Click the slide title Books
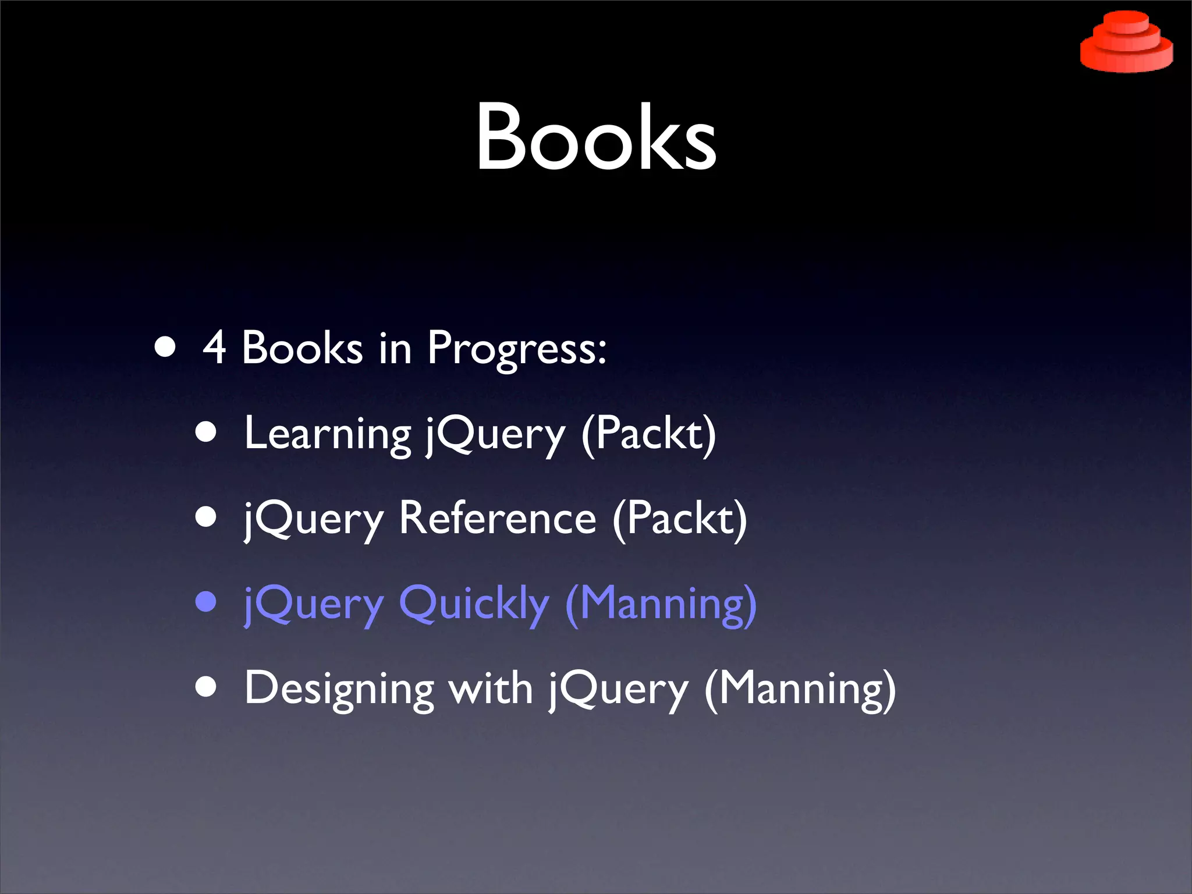(596, 137)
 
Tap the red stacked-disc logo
(1126, 42)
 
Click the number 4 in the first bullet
(214, 347)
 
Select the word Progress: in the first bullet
(517, 349)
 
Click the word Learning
(328, 434)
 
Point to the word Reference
(498, 518)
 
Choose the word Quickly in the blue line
(474, 604)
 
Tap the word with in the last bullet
(490, 688)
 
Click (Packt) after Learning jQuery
(648, 434)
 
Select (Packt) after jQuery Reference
(679, 519)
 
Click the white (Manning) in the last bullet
(800, 689)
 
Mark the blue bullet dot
(206, 602)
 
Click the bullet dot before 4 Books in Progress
(165, 347)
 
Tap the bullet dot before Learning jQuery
(206, 432)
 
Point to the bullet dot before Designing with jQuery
(206, 687)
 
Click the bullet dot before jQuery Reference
(206, 517)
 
